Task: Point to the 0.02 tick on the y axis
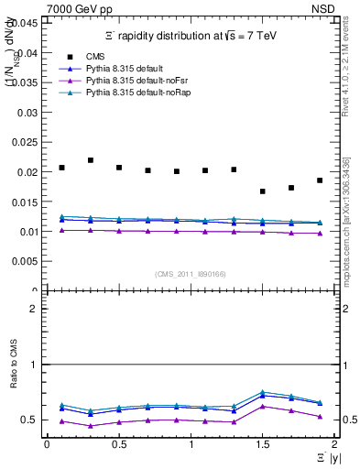click(28, 172)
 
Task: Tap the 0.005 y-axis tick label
click(26, 261)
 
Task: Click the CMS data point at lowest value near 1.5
click(263, 191)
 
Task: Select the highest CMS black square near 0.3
click(91, 160)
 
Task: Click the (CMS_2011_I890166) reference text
click(190, 273)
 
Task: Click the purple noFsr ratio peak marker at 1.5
click(263, 406)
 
